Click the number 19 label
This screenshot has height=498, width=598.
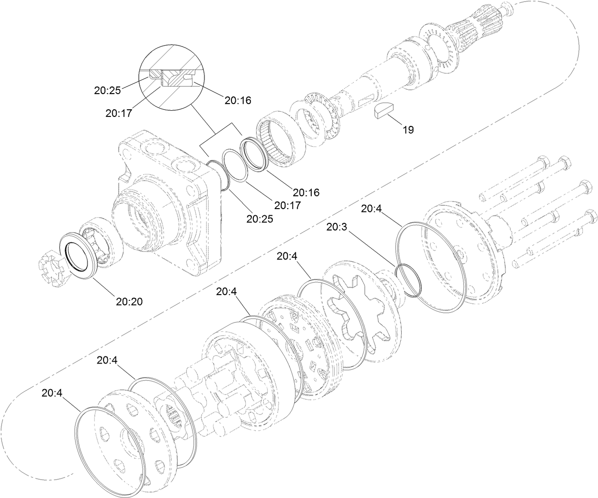[x=408, y=130]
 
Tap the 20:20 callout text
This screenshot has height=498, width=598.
[x=129, y=301]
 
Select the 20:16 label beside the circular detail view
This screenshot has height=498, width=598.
[x=238, y=100]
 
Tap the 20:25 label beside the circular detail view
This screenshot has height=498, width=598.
[x=107, y=90]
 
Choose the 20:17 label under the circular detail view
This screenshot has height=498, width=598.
[x=119, y=113]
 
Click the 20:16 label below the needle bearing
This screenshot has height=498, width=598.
[x=306, y=192]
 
